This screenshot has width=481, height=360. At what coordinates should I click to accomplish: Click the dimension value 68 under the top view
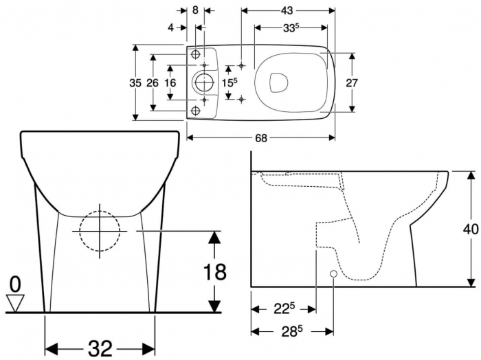[x=261, y=137]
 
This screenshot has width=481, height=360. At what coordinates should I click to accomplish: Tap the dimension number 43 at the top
[x=287, y=10]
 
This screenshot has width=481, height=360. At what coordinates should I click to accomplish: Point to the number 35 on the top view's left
[x=136, y=82]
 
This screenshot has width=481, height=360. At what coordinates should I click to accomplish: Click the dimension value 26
[x=153, y=82]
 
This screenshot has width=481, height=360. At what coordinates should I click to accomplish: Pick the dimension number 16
[x=170, y=82]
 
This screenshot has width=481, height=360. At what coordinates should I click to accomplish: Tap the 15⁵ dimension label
[x=230, y=82]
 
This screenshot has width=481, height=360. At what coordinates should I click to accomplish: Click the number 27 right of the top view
[x=352, y=82]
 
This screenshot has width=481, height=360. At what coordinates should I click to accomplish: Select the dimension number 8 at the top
[x=196, y=10]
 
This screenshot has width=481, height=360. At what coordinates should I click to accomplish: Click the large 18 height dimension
[x=214, y=271]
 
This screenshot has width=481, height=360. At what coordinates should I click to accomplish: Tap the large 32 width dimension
[x=100, y=348]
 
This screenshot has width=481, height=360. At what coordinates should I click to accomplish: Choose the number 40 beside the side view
[x=471, y=229]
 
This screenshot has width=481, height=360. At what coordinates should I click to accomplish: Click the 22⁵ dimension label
[x=282, y=309]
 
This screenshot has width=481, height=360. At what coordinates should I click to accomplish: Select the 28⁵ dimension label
[x=291, y=332]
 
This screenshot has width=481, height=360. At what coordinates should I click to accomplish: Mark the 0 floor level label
[x=15, y=282]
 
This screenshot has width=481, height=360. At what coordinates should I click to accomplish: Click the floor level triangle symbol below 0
[x=15, y=301]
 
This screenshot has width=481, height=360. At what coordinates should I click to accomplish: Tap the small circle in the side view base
[x=333, y=274]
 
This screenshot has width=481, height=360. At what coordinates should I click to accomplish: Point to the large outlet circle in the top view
[x=204, y=82]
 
